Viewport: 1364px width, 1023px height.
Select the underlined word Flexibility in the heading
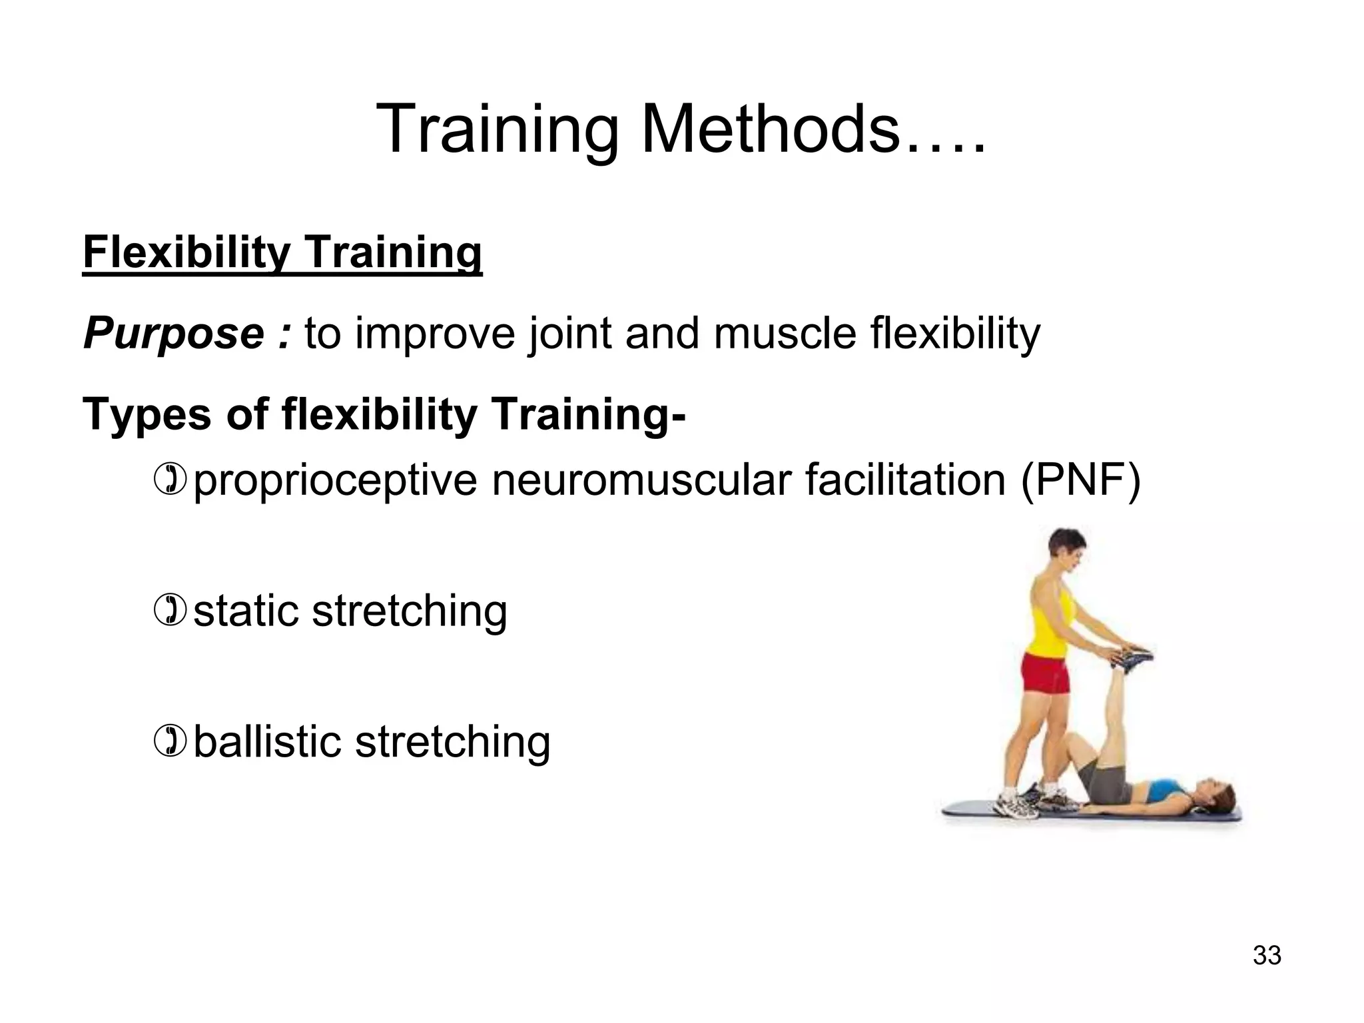(186, 253)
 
